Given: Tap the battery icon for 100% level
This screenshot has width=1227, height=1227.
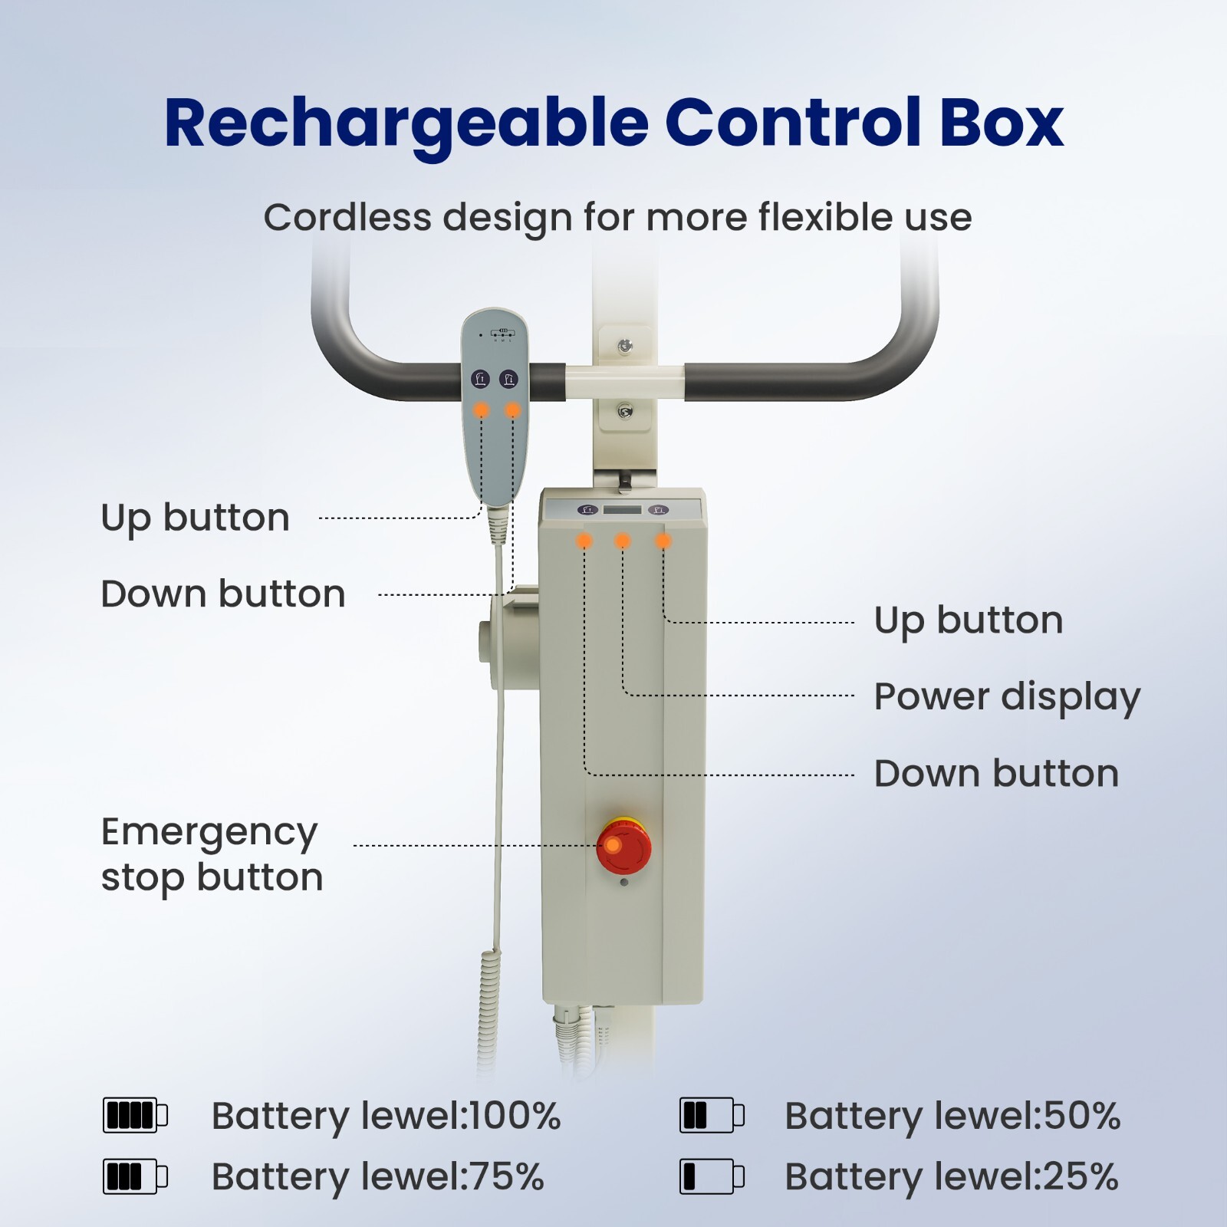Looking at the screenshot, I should pos(135,1115).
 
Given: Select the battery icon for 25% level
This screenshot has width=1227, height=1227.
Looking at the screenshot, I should pos(711,1176).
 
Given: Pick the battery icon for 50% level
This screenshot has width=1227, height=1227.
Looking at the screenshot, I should pos(711,1115).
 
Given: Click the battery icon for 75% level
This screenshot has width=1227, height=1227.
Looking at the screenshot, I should pos(135,1176).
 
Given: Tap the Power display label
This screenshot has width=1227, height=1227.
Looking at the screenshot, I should pos(1007,697).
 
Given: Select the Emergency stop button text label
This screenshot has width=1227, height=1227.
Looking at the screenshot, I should pos(212,854).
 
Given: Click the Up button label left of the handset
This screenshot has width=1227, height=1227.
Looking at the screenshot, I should pos(196,518).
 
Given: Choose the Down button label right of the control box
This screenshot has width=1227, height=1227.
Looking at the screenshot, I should pos(996,774).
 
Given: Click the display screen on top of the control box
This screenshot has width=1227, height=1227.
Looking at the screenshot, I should pos(622,510).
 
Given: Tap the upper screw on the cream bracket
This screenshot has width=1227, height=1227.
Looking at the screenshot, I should pos(625,346).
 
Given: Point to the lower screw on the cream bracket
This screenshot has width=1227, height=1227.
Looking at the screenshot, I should pos(625,412).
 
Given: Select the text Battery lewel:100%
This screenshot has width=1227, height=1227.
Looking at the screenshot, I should pos(386,1116).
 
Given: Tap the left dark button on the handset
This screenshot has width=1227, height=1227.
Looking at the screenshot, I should pos(480,378).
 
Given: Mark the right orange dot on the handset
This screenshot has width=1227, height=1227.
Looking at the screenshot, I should pos(512,411).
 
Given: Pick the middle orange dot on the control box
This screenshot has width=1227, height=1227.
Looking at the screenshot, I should pos(623,541).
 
